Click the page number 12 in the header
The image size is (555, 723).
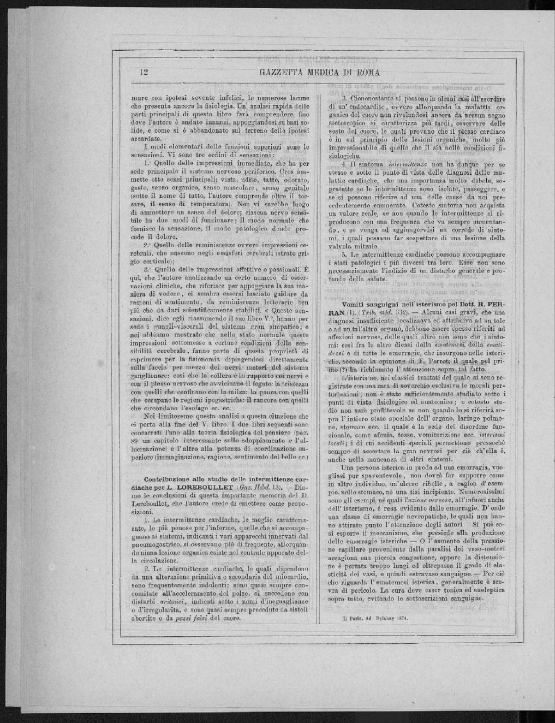coord(145,73)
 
